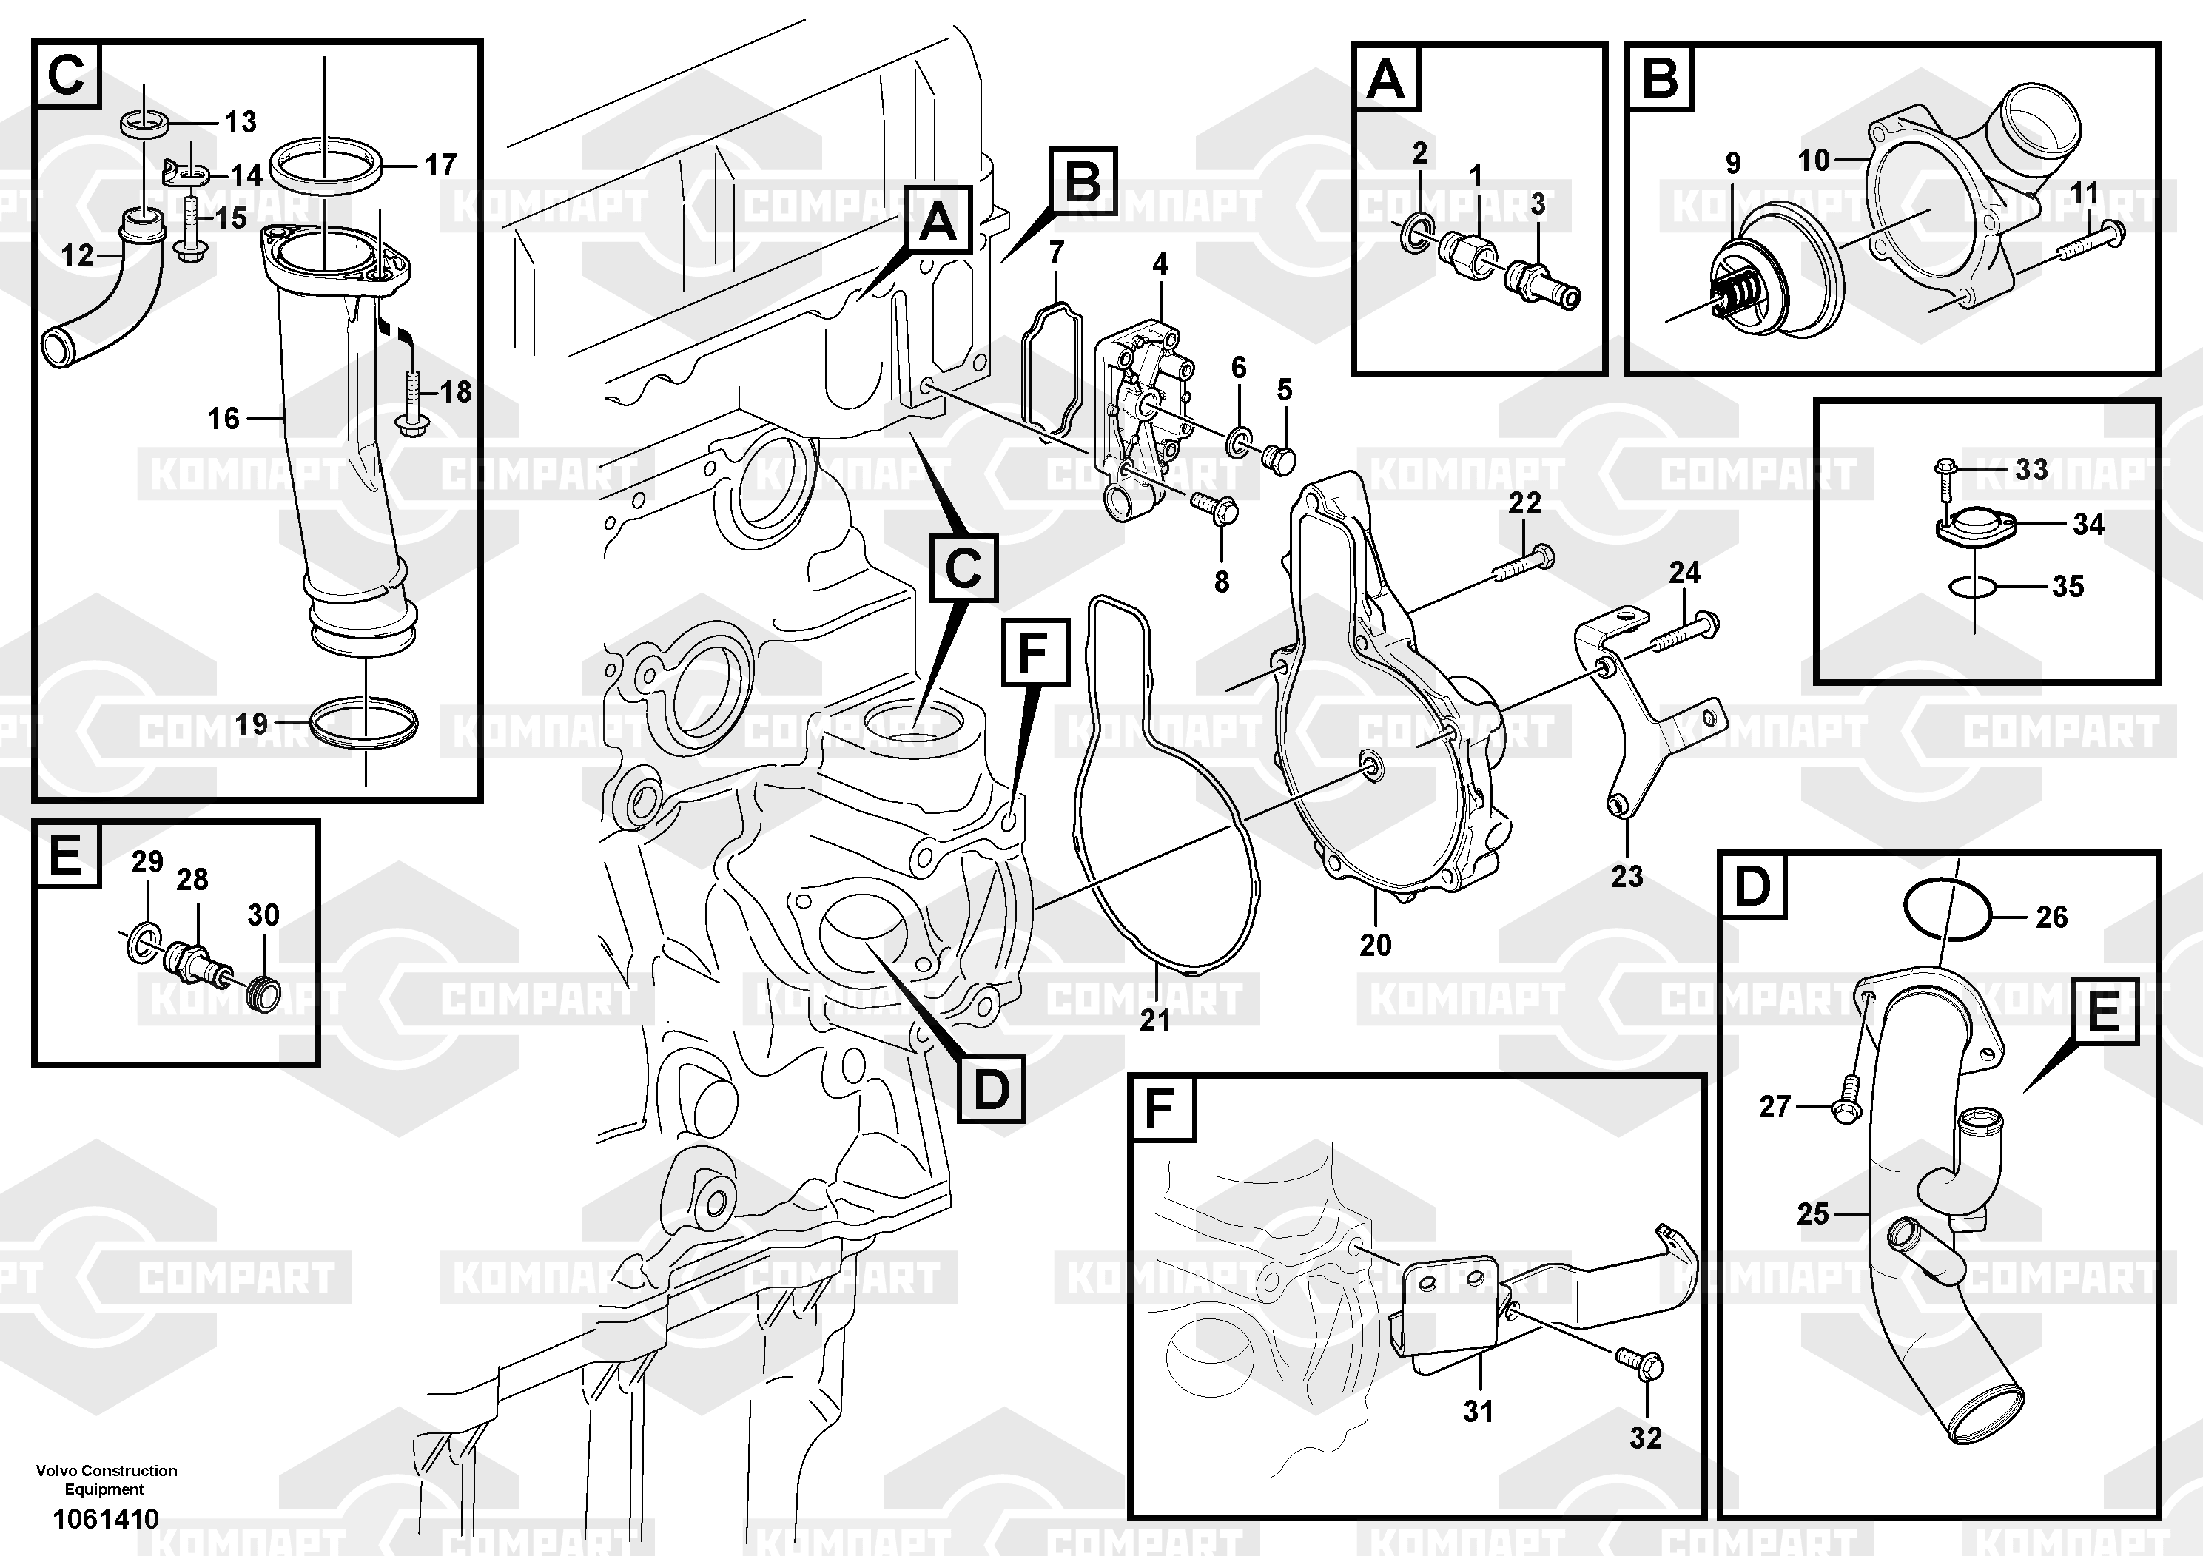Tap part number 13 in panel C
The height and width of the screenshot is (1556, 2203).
tap(240, 122)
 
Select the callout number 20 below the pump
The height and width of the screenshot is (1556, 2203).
tap(1375, 945)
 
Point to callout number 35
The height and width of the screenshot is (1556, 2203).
tap(2068, 586)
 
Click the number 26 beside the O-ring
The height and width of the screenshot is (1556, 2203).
tap(2051, 917)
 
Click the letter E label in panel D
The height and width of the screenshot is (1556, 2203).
tap(2103, 1012)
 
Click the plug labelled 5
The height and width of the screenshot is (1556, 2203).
tap(1281, 459)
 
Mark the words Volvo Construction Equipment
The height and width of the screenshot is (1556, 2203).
tap(106, 1479)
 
